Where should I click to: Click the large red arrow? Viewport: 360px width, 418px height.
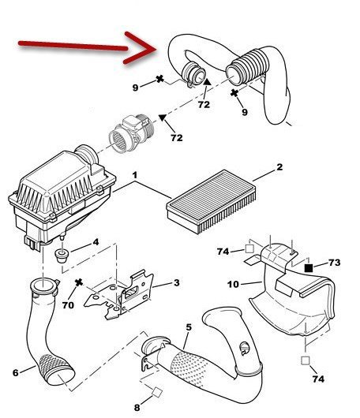(x=88, y=47)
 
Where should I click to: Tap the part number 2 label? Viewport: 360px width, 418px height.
(x=279, y=167)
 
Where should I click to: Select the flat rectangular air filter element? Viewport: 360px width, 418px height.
(x=212, y=201)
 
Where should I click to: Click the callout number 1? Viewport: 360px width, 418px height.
(x=135, y=175)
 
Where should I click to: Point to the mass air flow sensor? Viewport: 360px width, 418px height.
(x=131, y=133)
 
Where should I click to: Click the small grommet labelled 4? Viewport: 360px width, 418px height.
(x=62, y=256)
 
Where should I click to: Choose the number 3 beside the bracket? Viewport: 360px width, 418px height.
(x=176, y=282)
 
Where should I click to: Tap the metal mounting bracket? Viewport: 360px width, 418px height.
(x=120, y=295)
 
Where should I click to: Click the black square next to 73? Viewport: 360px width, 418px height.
(x=309, y=267)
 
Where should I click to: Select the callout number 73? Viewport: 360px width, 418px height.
(x=335, y=263)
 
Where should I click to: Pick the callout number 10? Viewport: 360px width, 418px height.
(x=233, y=284)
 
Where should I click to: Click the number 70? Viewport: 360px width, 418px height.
(x=68, y=305)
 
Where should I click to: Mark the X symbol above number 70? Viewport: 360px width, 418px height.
(x=79, y=282)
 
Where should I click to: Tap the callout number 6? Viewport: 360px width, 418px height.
(x=16, y=372)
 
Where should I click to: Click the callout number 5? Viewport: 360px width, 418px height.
(x=189, y=327)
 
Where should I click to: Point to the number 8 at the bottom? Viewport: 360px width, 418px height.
(x=137, y=408)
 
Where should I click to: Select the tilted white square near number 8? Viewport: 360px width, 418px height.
(x=157, y=392)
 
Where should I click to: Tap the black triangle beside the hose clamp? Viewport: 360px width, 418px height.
(x=207, y=82)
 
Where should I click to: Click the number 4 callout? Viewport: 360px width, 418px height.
(x=96, y=242)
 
